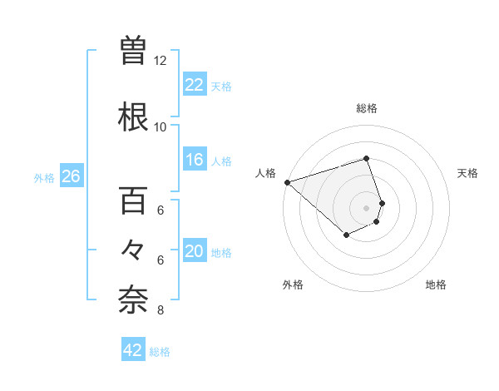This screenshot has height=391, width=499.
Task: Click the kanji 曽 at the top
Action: [133, 52]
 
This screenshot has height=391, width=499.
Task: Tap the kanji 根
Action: [133, 117]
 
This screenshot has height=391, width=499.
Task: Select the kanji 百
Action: [133, 202]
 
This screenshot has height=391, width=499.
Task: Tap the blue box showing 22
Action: [194, 85]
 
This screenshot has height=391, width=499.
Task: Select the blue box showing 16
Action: [194, 160]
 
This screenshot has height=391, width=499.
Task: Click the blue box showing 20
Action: [194, 252]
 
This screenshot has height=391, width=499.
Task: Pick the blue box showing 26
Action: [71, 176]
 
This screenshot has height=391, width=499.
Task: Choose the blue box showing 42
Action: [133, 351]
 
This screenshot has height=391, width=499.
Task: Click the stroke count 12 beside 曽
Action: [161, 61]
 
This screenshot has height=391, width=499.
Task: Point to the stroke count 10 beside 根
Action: [161, 126]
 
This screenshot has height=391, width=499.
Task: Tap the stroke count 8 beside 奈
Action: [161, 311]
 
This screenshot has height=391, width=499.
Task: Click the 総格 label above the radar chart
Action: [366, 109]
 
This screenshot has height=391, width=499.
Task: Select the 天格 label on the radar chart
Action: [467, 173]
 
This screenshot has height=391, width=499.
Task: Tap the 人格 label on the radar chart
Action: [264, 173]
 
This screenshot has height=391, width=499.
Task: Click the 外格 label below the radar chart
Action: [293, 285]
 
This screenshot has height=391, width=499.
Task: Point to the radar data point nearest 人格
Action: [287, 182]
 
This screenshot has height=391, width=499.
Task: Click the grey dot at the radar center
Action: [366, 207]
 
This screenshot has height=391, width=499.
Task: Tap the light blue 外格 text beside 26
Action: [43, 177]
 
